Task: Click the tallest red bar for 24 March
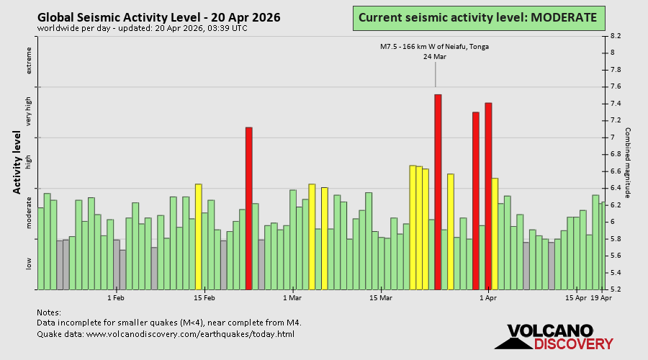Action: click(x=438, y=192)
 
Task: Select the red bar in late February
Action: click(x=249, y=208)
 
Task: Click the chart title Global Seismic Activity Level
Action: click(x=159, y=17)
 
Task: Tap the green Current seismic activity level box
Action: click(x=478, y=17)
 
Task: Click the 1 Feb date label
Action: click(x=115, y=297)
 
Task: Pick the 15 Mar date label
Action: click(x=381, y=297)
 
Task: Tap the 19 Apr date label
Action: click(x=601, y=297)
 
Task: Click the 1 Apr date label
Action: click(x=488, y=297)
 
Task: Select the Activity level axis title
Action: click(x=17, y=162)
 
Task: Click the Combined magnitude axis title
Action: click(x=627, y=163)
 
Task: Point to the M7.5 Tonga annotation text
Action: click(x=435, y=47)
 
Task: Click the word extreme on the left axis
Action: click(x=30, y=60)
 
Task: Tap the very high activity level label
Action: click(x=30, y=112)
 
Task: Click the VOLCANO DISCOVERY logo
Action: click(x=550, y=337)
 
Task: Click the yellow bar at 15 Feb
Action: click(x=199, y=237)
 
